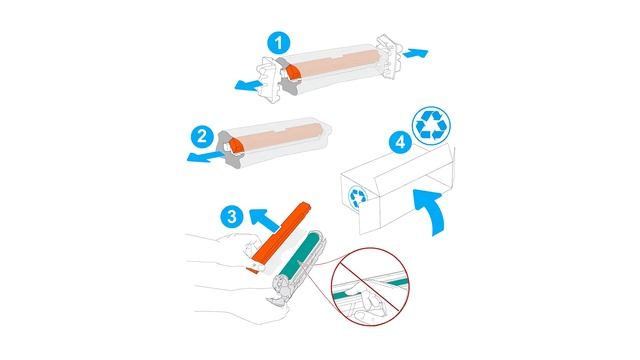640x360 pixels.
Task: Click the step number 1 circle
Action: tap(279, 43)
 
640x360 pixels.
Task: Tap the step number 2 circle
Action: tap(202, 137)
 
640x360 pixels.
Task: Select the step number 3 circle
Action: tap(232, 216)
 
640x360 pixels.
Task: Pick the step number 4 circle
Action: tap(401, 142)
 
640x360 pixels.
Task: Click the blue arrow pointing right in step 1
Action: tap(415, 53)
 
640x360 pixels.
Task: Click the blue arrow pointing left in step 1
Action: tap(249, 84)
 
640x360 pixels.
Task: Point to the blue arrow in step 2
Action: tap(205, 156)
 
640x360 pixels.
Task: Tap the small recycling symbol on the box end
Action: tap(359, 197)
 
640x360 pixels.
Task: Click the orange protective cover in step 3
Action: tap(278, 236)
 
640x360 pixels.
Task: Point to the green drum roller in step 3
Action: tap(303, 253)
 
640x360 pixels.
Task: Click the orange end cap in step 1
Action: tap(292, 73)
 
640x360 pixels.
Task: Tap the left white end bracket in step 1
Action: tap(269, 80)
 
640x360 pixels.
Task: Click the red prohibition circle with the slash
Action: tap(370, 286)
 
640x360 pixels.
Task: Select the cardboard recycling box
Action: tap(397, 189)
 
